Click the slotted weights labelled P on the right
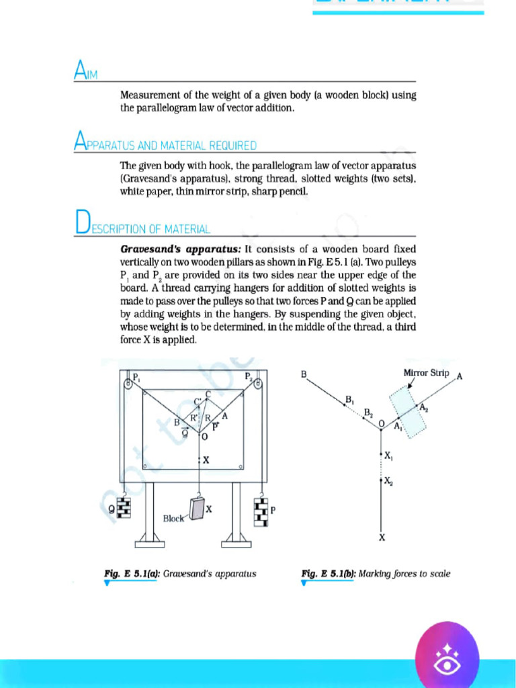click(261, 513)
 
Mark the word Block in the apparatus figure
click(173, 519)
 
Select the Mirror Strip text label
click(426, 373)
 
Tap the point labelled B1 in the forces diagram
click(349, 400)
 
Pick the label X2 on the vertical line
click(388, 481)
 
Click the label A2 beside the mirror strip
click(423, 408)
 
